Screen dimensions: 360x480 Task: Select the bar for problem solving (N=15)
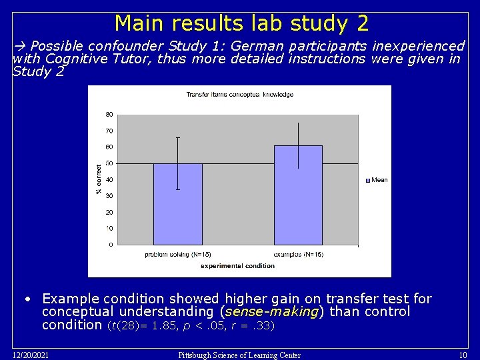tap(177, 204)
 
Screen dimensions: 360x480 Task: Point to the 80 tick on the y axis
tap(109, 114)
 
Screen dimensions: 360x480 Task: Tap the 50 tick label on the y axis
tap(109, 163)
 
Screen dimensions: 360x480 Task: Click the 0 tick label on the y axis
tap(111, 245)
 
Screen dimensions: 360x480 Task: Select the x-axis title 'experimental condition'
tap(238, 266)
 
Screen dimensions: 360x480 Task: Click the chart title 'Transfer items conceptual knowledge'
tap(239, 95)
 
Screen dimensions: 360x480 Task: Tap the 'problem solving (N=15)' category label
tap(178, 255)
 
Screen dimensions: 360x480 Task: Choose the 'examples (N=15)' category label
tap(298, 255)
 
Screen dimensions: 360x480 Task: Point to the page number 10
tap(463, 355)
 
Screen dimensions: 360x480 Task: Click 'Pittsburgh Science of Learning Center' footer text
tap(239, 355)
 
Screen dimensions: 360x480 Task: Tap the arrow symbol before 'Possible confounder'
tap(19, 47)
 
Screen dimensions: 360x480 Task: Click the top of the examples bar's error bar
tap(298, 123)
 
